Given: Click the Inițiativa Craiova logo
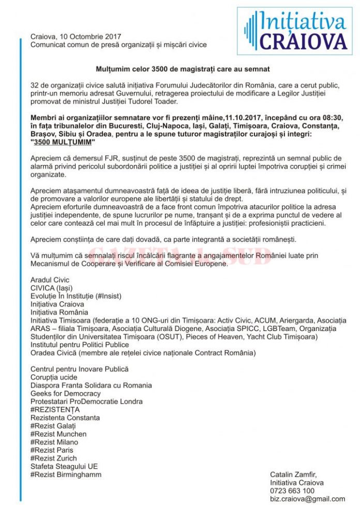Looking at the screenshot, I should (x=295, y=31).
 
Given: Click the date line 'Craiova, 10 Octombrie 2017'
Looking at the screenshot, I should (x=76, y=37).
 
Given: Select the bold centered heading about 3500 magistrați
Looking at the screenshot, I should (x=183, y=69).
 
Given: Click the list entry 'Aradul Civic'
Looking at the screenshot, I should (x=50, y=280).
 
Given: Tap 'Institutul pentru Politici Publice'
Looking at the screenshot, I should (x=80, y=345).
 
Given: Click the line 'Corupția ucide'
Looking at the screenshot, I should (x=54, y=378).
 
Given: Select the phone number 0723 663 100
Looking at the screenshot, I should (x=292, y=491).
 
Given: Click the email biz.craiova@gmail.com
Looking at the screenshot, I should (x=307, y=499).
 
